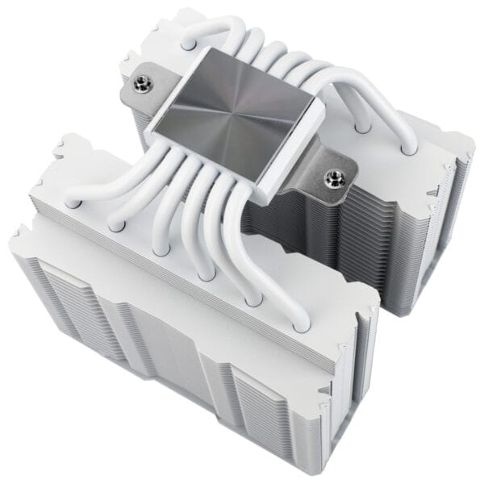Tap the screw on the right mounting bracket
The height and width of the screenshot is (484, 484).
[331, 175]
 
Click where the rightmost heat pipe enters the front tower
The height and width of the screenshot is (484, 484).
[300, 326]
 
